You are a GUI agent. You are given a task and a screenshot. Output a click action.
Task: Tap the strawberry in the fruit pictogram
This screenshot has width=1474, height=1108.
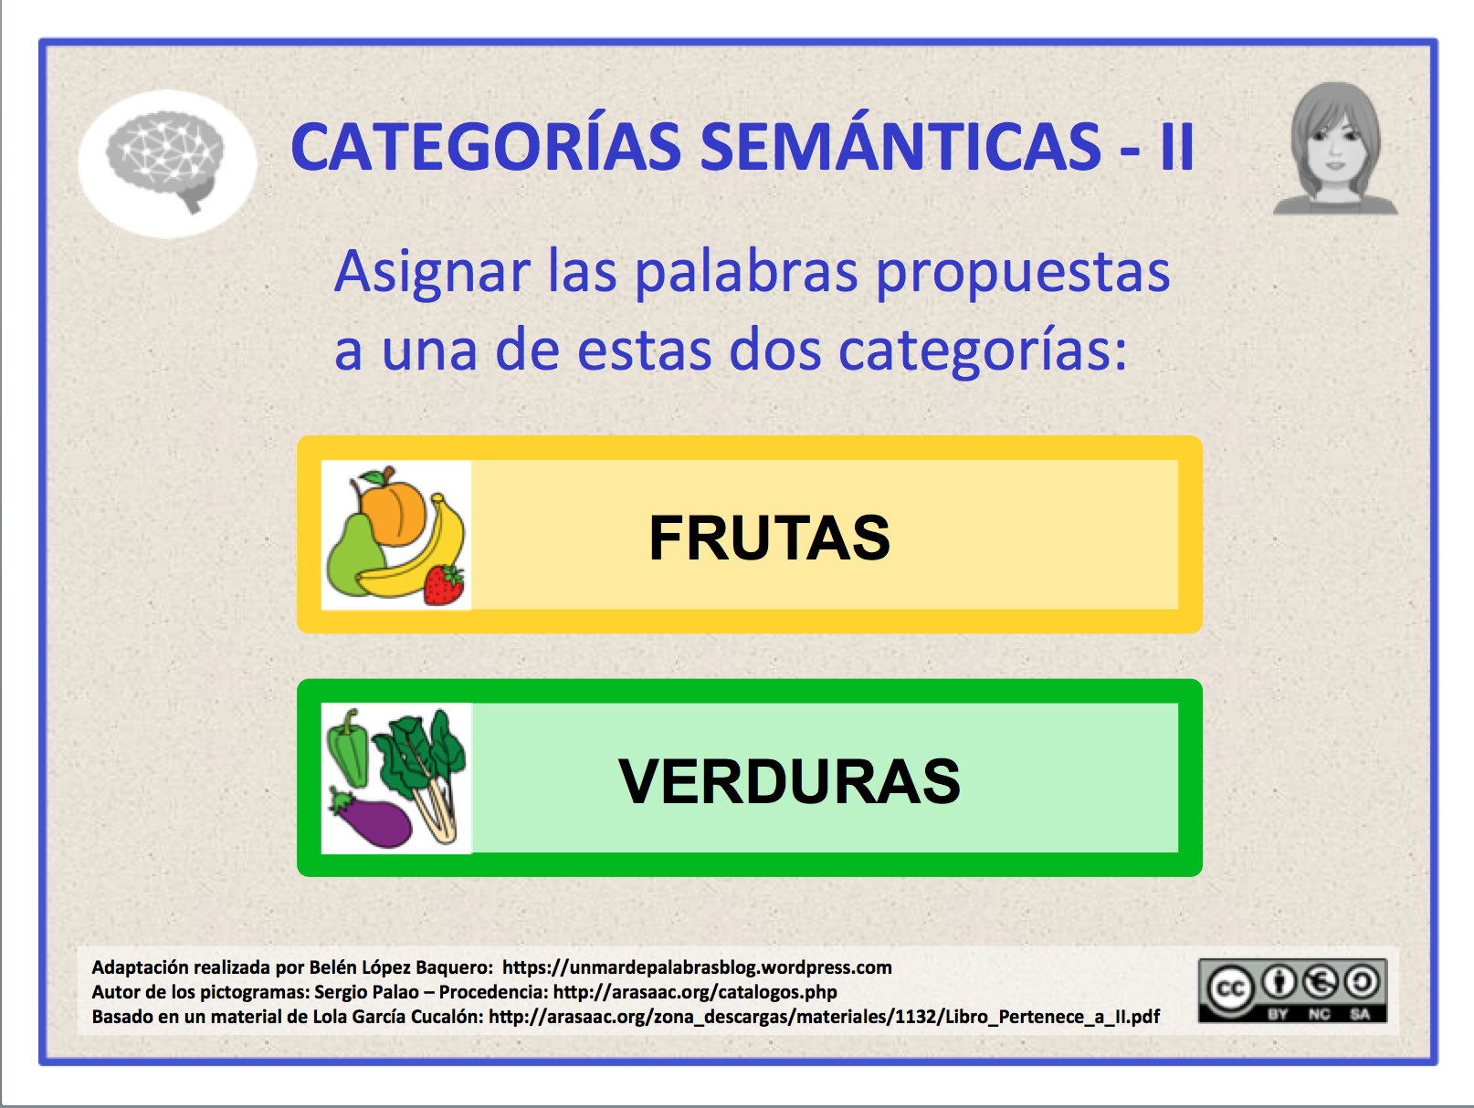click(x=444, y=584)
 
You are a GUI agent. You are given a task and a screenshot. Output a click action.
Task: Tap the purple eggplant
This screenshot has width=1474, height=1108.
click(x=369, y=818)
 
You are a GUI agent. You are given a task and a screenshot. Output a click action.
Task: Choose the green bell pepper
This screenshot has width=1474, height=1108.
click(x=348, y=749)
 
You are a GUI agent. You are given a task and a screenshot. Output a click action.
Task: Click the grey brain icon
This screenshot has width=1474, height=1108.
click(x=165, y=159)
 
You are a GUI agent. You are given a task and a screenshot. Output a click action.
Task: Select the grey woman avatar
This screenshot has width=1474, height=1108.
click(x=1335, y=149)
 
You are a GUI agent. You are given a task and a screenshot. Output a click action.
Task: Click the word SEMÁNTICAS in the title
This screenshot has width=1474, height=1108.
click(x=900, y=147)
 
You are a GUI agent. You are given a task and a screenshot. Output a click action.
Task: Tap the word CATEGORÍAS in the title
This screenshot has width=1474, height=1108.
click(x=486, y=147)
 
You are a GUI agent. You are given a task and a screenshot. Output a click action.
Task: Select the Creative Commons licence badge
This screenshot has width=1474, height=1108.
click(x=1292, y=990)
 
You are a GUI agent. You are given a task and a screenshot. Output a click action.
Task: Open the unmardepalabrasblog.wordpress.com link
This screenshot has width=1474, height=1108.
click(x=697, y=967)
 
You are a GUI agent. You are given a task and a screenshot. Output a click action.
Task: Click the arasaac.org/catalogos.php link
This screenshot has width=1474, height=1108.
click(x=695, y=992)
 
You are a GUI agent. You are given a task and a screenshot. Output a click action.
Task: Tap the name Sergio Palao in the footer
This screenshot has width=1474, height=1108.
click(x=366, y=992)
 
